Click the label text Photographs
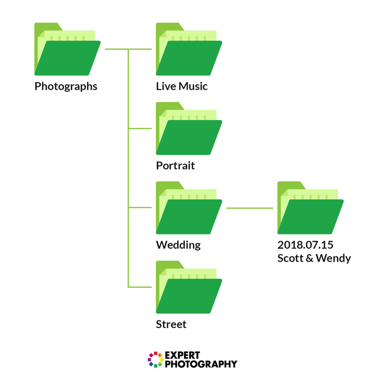coord(66,86)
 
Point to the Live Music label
coord(182,86)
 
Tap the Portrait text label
coord(175,166)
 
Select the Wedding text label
coord(178,245)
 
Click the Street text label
coord(171,324)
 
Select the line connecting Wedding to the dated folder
coord(250,208)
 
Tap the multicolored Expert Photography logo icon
coord(156,360)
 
